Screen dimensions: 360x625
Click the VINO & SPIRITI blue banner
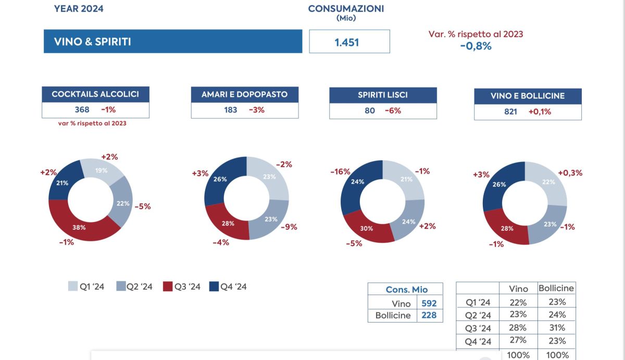173,42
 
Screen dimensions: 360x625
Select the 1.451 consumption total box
349,42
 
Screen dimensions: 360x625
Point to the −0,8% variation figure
476,45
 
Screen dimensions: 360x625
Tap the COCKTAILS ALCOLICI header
95,94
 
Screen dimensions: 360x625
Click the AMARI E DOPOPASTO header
245,95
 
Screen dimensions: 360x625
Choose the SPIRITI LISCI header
383,95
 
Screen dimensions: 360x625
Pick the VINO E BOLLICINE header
528,96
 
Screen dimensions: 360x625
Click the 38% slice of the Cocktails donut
80,227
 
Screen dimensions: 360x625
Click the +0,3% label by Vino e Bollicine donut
570,173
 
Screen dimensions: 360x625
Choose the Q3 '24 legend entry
182,287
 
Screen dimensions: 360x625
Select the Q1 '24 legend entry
86,287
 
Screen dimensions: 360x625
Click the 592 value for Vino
429,303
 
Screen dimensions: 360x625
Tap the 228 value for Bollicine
429,315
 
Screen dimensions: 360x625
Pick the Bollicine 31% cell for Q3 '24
557,328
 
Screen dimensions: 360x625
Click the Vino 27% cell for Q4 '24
519,340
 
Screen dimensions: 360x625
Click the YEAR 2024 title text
79,8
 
